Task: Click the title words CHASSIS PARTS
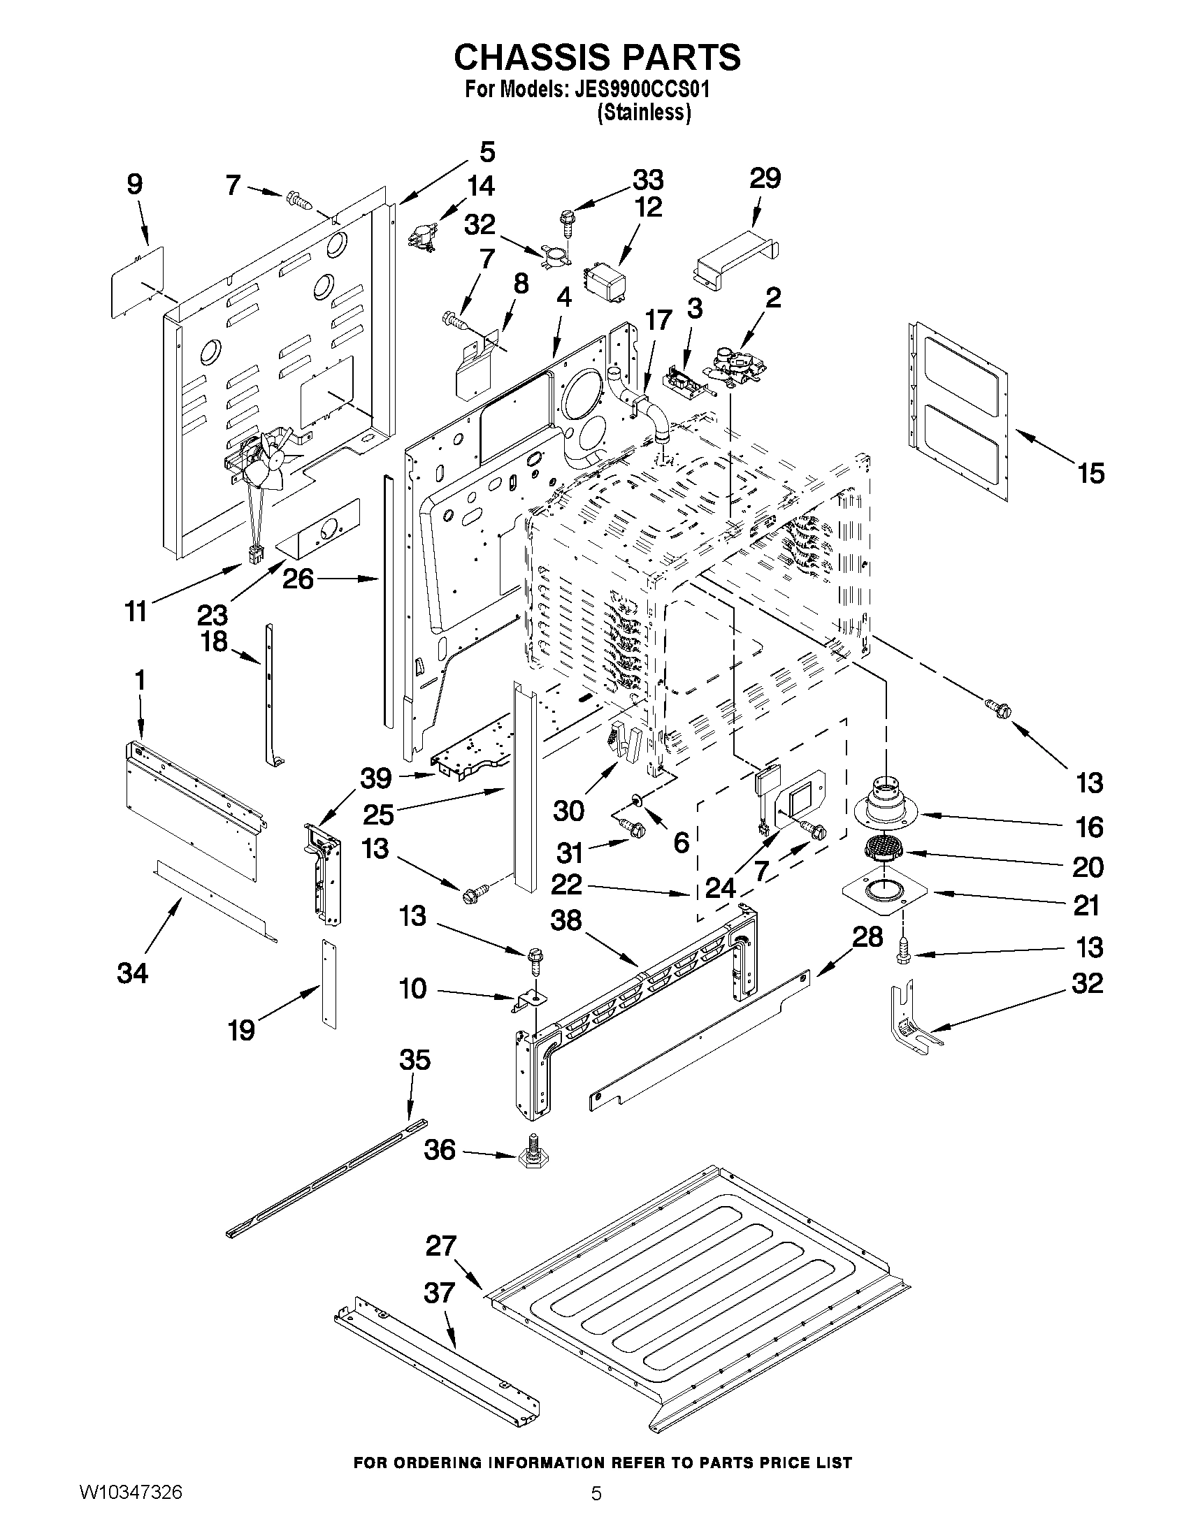coord(597,57)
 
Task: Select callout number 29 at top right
coord(765,179)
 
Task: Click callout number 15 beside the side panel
coord(1090,473)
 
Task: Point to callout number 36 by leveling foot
coord(440,1151)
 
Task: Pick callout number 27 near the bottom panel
coord(441,1247)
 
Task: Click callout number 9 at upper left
coord(134,184)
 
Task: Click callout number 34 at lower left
coord(132,973)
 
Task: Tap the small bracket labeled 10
coord(526,1001)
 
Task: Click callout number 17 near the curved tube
coord(658,321)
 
